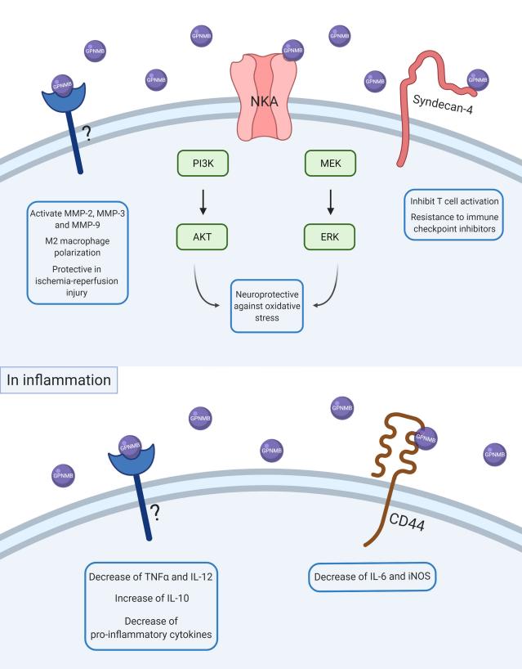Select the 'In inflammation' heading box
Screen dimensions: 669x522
coord(60,379)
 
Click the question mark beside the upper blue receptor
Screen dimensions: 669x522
coord(85,132)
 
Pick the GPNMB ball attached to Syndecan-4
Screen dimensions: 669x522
coord(478,80)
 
